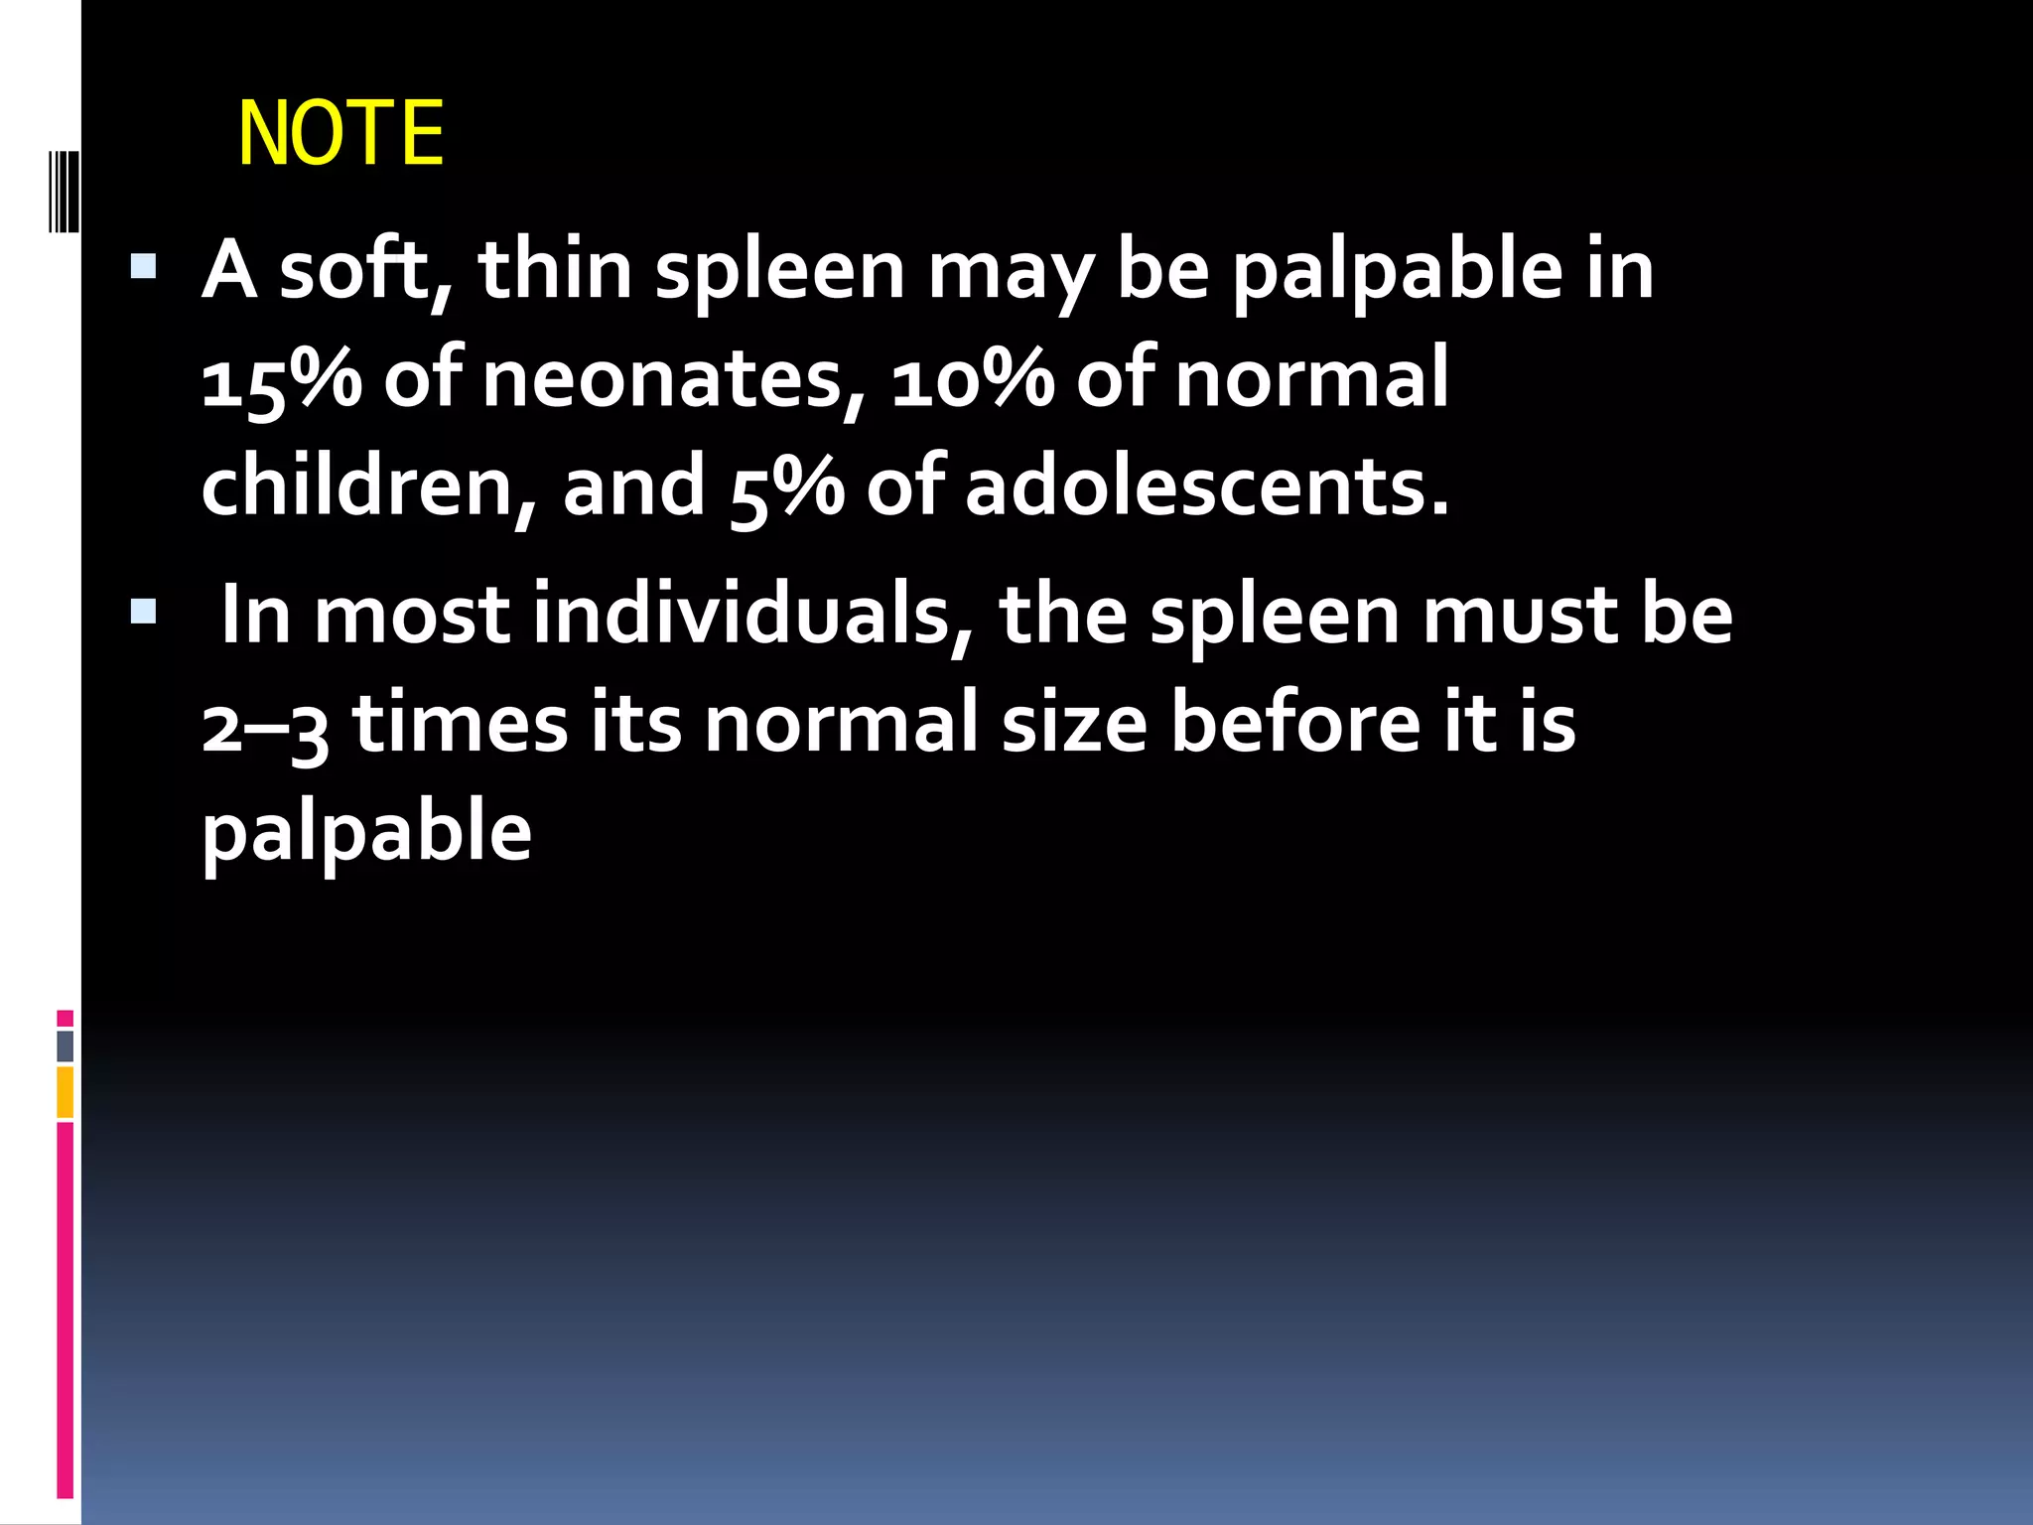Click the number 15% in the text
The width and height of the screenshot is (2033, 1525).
point(282,379)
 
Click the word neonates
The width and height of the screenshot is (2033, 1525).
point(663,379)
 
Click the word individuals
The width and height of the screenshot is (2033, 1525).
point(740,615)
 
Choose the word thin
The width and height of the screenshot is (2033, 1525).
point(556,270)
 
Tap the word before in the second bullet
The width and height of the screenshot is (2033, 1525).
point(1295,722)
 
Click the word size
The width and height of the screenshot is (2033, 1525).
point(1074,722)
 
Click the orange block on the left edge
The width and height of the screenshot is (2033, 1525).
point(66,1092)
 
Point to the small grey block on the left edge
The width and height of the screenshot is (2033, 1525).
point(66,1045)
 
